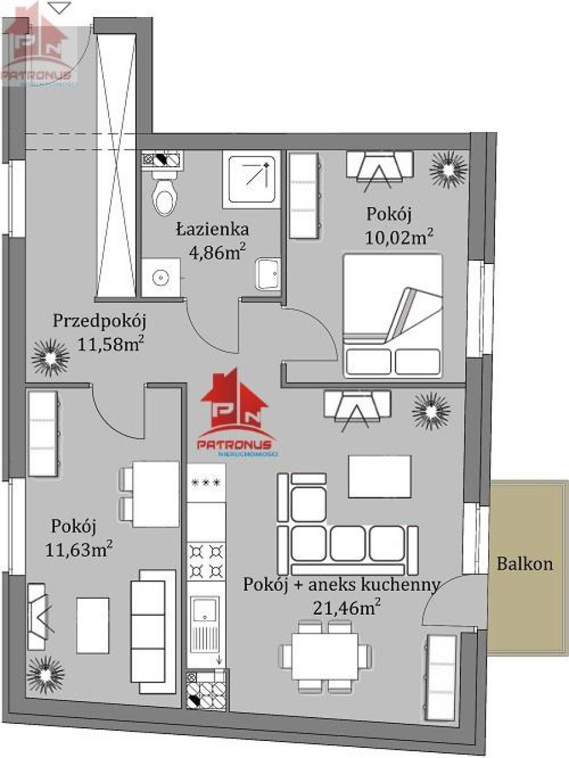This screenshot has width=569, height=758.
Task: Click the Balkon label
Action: [525, 565]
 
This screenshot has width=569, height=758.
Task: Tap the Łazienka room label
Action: [213, 230]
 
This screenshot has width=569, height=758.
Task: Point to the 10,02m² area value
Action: [398, 238]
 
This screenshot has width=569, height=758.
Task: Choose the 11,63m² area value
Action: [79, 550]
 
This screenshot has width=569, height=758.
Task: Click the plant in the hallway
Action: [51, 358]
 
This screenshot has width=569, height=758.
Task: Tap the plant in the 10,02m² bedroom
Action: [448, 170]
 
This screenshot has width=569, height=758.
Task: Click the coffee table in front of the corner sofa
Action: [380, 476]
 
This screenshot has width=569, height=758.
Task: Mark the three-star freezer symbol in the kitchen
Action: [206, 483]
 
